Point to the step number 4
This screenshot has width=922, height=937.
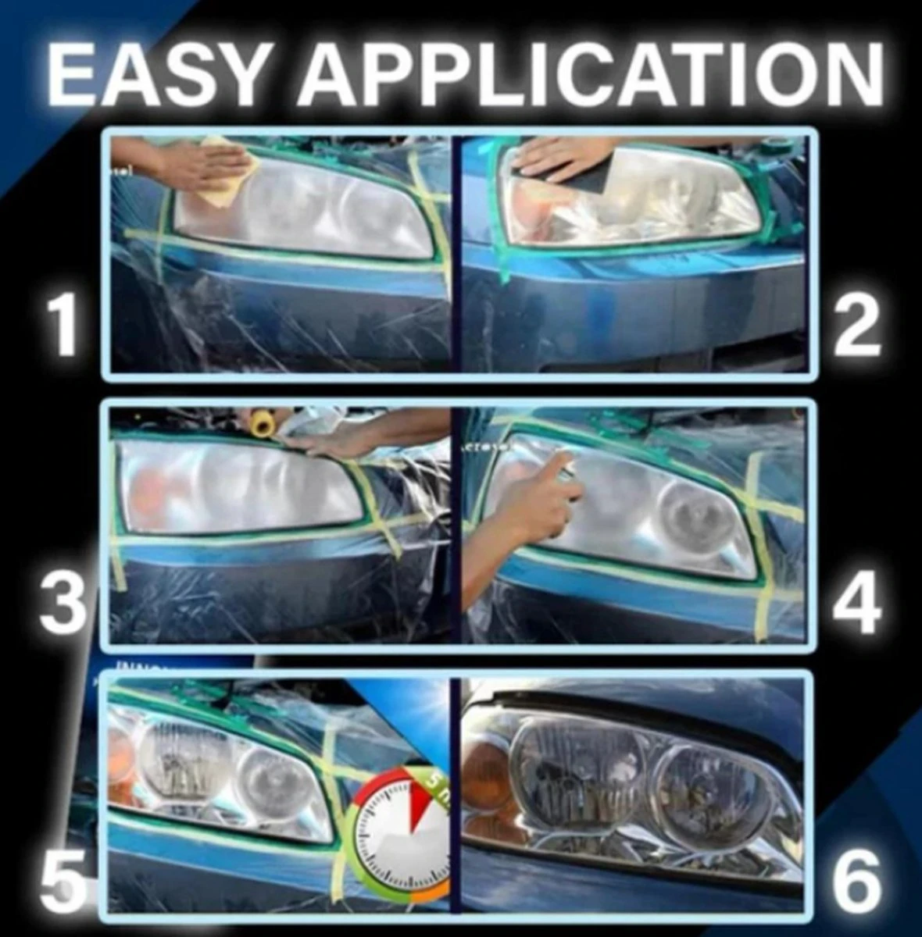pos(857,603)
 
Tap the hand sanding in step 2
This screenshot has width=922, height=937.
pos(555,156)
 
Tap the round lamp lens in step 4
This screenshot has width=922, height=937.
pos(688,515)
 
